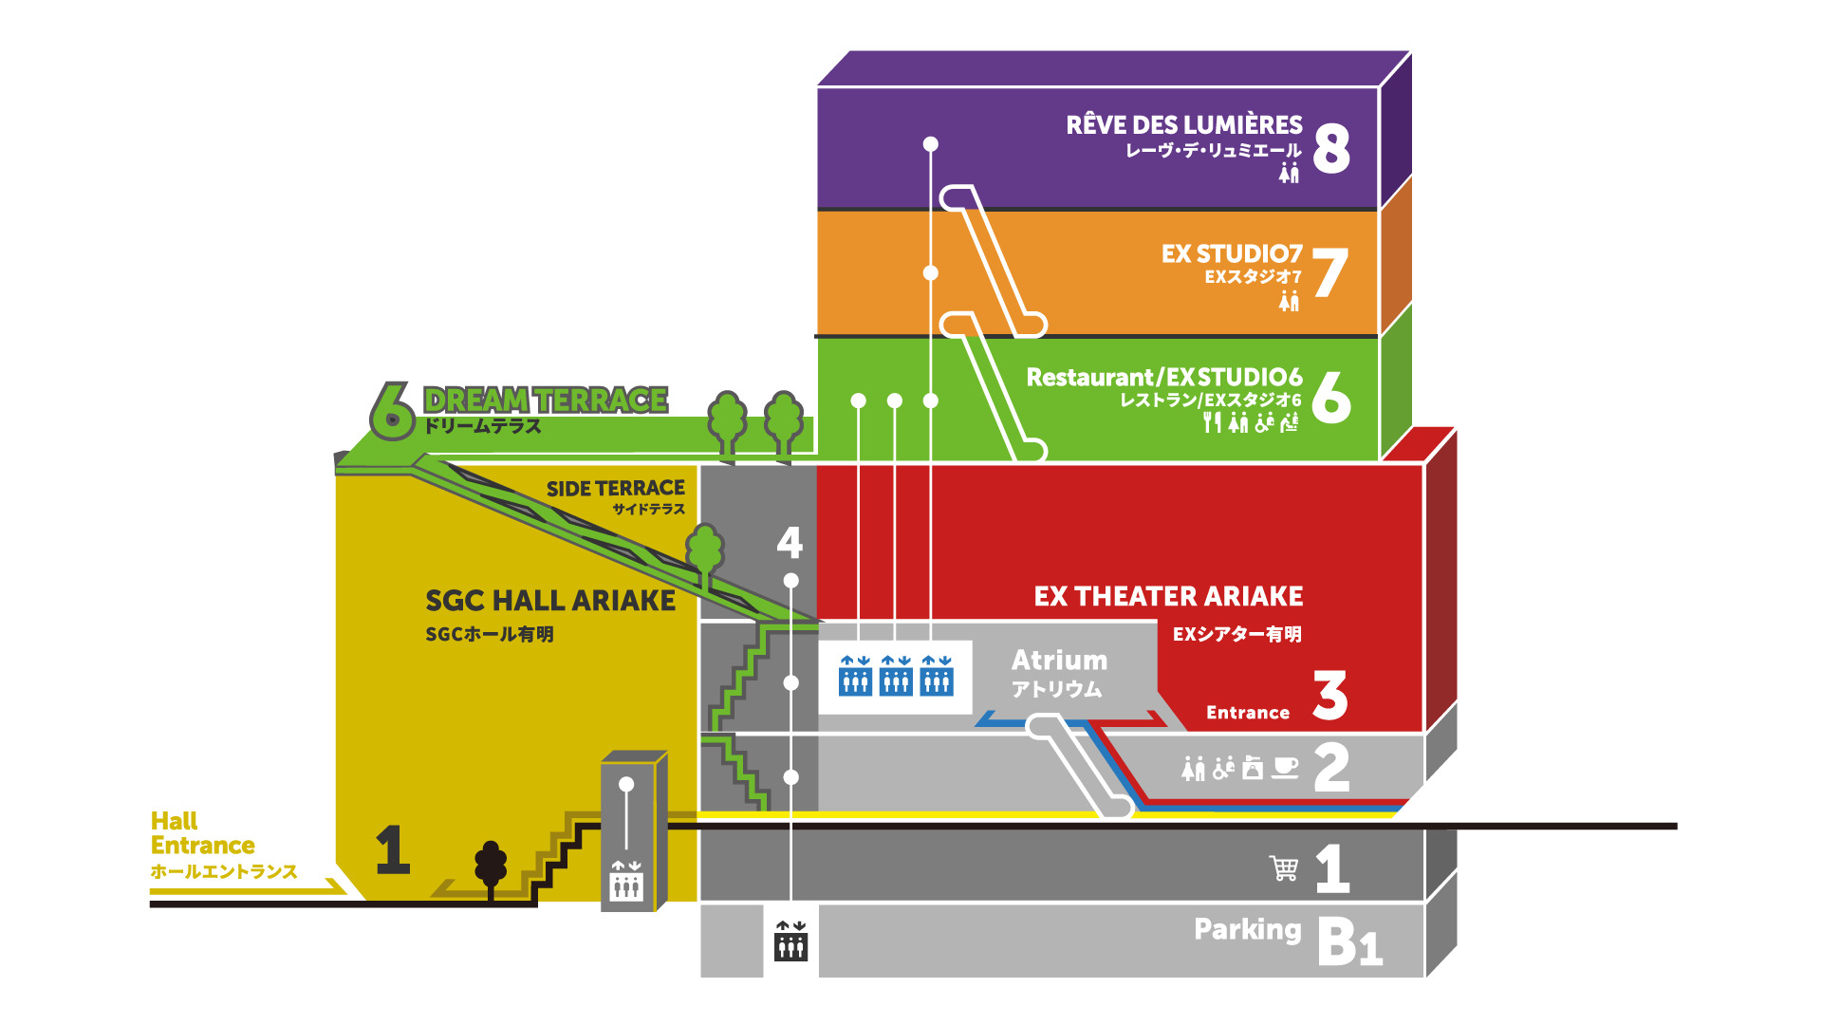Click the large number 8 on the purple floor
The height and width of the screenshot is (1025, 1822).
1331,149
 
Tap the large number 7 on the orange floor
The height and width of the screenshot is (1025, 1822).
1330,272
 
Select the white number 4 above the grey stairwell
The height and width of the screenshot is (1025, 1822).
790,542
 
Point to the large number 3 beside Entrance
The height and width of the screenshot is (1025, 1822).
1330,696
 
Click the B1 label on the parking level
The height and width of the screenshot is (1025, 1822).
1349,942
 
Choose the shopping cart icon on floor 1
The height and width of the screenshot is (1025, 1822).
1284,867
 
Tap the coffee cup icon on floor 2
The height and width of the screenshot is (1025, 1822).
1285,767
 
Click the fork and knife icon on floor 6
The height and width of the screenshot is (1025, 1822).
1211,422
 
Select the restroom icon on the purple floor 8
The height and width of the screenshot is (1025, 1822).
1289,173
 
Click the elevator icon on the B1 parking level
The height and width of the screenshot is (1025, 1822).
790,941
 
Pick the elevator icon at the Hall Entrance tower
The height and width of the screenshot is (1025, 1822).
626,881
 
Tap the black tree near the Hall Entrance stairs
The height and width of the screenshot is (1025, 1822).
491,866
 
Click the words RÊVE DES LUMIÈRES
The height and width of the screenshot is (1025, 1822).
1183,125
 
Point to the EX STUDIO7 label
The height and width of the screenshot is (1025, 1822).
1231,253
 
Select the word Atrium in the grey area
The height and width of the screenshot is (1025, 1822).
1059,660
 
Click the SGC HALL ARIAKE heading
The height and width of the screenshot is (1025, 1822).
550,601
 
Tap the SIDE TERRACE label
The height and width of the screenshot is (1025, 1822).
615,488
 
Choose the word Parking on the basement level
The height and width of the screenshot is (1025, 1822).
1247,929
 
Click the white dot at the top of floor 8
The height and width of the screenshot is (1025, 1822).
931,144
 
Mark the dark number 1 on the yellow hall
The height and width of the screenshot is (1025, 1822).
393,849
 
